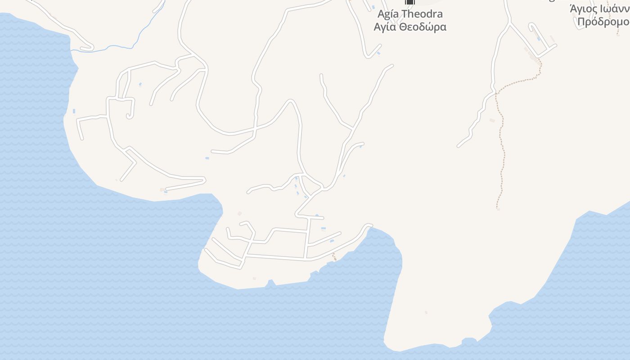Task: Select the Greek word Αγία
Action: (385, 27)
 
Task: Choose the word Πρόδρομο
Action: (603, 22)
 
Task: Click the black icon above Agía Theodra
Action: (409, 2)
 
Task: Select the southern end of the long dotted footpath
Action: (498, 208)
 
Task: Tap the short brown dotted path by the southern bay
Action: (334, 256)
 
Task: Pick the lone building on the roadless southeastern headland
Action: (426, 312)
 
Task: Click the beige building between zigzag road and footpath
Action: (492, 120)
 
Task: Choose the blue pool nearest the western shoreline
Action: (74, 111)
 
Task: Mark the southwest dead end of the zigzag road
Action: (458, 146)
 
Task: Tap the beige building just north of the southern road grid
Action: (239, 213)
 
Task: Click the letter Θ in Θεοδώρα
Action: (404, 27)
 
